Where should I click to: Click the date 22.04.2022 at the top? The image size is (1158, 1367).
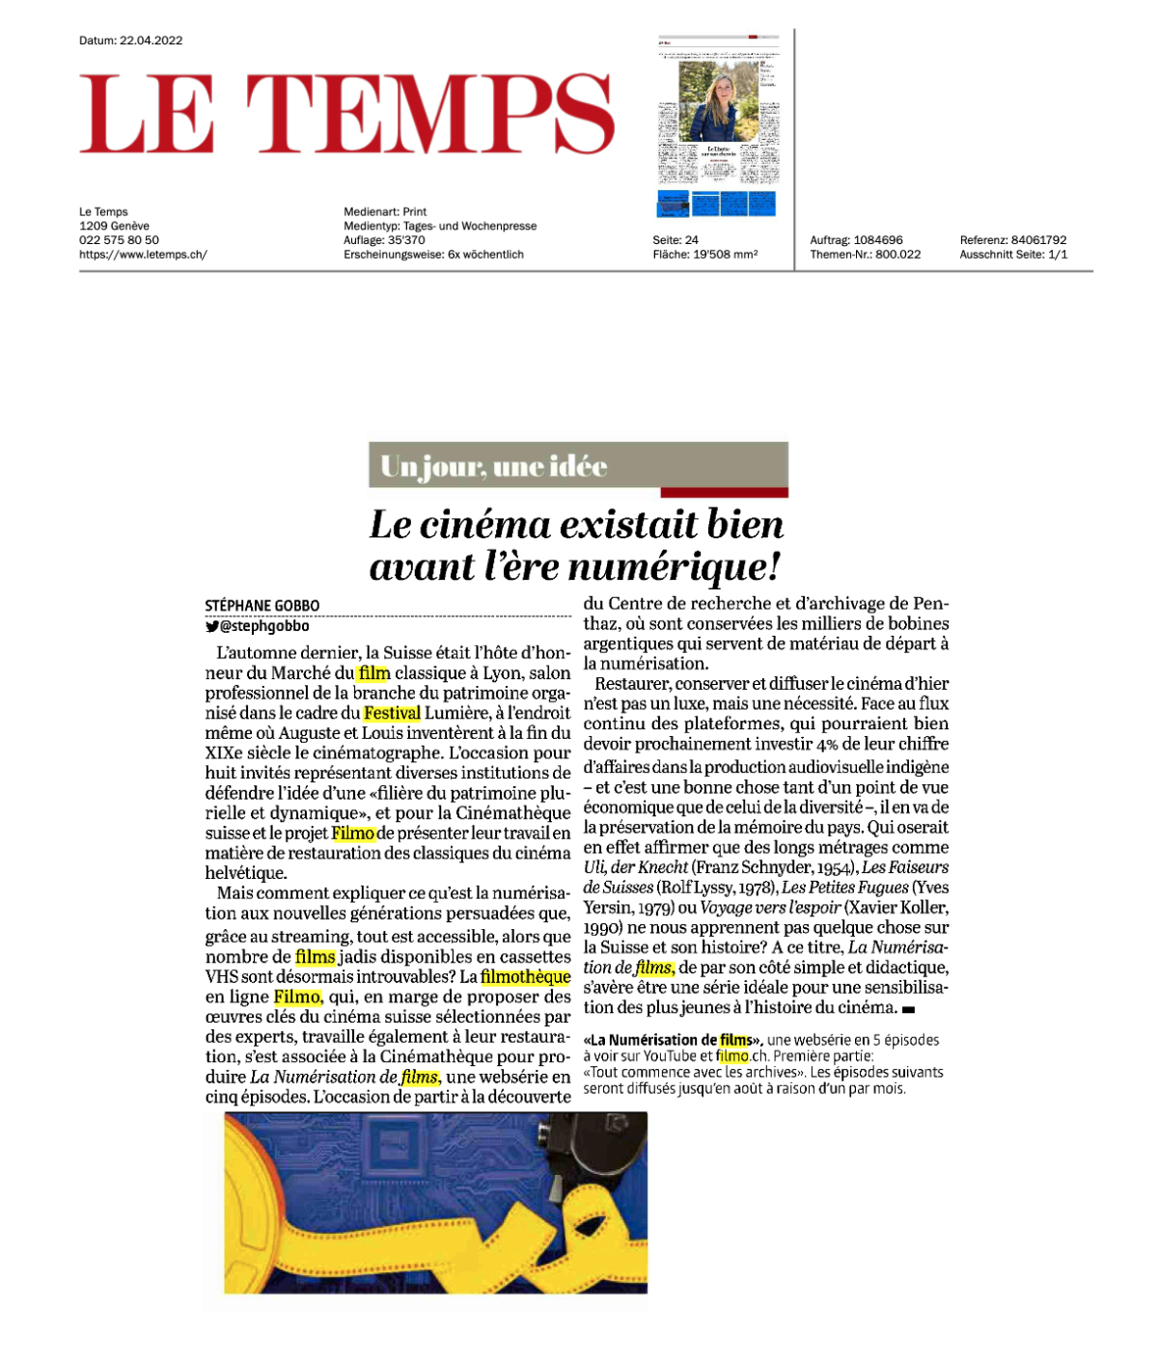coord(151,41)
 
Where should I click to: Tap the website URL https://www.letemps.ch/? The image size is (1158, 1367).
coord(143,255)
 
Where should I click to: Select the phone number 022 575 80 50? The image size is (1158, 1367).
coord(119,240)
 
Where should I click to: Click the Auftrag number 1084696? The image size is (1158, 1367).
coord(878,240)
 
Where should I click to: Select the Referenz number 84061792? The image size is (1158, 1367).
coord(1038,240)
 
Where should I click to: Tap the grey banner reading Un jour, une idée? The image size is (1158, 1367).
coord(578,467)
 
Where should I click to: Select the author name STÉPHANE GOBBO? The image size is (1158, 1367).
coord(262,606)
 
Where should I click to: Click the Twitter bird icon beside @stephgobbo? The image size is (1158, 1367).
coord(211,626)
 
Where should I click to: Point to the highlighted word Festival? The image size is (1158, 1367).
coord(392,713)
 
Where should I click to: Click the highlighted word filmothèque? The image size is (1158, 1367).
coord(525,976)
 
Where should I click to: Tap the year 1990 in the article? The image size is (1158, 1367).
coord(602,927)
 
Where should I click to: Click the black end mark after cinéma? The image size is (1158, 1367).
coord(907,1009)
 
